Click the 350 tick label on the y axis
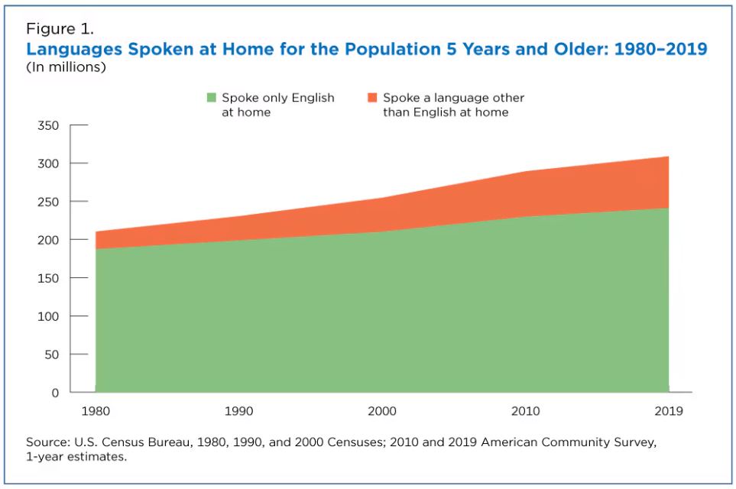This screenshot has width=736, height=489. tap(48, 125)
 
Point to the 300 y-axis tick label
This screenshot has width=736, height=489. tap(48, 164)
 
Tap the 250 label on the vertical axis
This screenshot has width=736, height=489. tap(48, 202)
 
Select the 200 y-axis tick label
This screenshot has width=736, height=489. tap(48, 240)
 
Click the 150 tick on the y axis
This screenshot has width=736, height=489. tap(48, 278)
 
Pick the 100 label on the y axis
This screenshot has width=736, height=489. tap(48, 316)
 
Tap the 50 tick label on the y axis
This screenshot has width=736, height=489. tap(52, 355)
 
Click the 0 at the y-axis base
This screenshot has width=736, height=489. tap(55, 393)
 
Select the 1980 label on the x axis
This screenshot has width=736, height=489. tap(96, 411)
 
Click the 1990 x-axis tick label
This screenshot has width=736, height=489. tap(238, 411)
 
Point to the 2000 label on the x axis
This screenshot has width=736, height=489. tap(382, 411)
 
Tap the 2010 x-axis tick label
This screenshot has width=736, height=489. tap(526, 411)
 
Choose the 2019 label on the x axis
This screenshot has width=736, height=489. tap(667, 411)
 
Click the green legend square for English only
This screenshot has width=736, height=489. tap(211, 98)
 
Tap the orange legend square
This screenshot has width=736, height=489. tap(372, 98)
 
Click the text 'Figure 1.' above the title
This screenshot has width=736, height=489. tap(60, 30)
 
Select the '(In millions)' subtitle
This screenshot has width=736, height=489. tap(66, 67)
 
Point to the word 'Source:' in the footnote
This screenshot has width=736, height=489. tap(47, 442)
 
